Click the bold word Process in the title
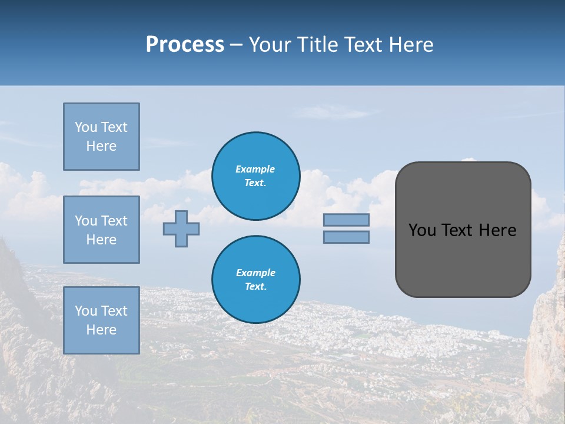pos(185,45)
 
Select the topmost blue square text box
pos(101,137)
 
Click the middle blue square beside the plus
pos(101,230)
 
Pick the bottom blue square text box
pos(101,320)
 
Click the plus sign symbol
pos(181,228)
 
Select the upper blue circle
pos(255,176)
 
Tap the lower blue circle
pos(255,280)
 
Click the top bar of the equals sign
pos(346,220)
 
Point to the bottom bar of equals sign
pos(346,237)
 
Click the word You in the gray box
pos(421,230)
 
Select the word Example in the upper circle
pos(255,169)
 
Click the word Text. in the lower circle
pos(255,287)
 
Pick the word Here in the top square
pos(101,146)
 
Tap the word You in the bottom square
pos(86,311)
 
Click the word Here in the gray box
pos(497,230)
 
